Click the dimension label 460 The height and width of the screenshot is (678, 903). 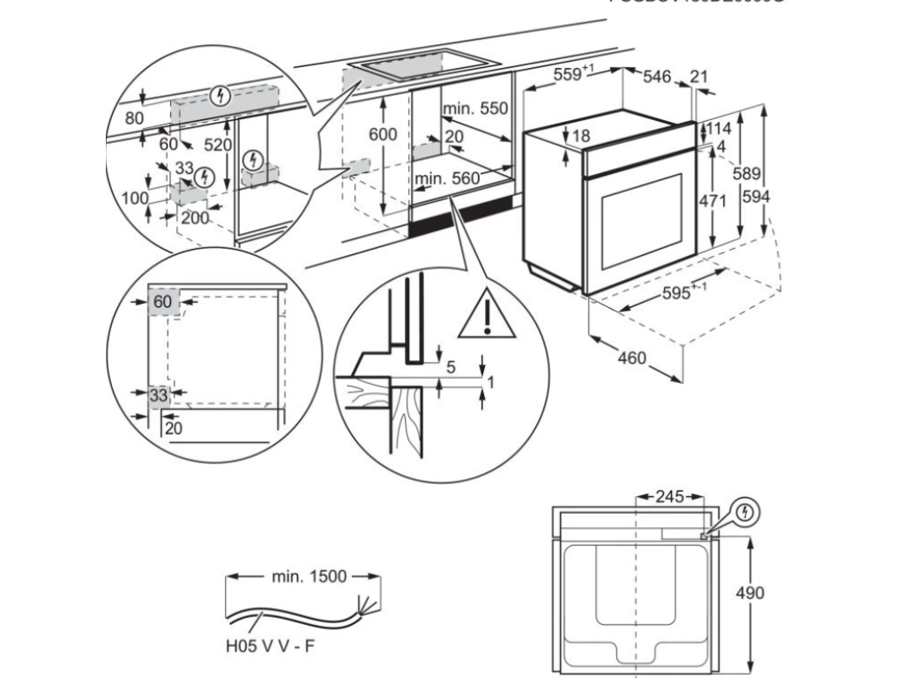(x=631, y=358)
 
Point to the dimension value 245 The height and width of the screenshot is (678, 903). (x=670, y=497)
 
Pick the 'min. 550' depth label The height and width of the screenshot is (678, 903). (x=476, y=109)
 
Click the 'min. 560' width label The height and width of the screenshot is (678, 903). (x=447, y=178)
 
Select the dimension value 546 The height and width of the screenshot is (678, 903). (x=658, y=78)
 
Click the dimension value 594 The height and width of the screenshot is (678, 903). (x=756, y=197)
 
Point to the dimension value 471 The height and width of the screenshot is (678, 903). (x=712, y=201)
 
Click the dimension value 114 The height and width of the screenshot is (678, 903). (x=719, y=129)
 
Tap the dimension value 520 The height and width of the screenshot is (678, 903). (x=217, y=145)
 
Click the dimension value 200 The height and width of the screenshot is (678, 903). (x=195, y=218)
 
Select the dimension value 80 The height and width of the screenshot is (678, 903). (x=133, y=118)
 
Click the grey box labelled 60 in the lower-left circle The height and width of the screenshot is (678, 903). (x=163, y=301)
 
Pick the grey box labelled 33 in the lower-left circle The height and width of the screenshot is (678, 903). (x=159, y=395)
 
